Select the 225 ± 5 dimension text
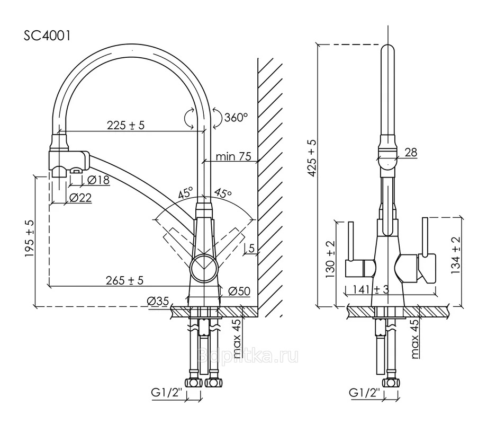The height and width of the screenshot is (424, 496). pyautogui.click(x=126, y=125)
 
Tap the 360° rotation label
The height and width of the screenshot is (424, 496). pyautogui.click(x=236, y=117)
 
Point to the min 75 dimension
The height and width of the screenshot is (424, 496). pyautogui.click(x=233, y=156)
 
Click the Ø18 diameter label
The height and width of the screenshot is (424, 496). pyautogui.click(x=98, y=180)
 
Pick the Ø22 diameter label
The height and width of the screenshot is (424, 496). pyautogui.click(x=80, y=198)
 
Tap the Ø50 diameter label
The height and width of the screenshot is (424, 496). pyautogui.click(x=239, y=290)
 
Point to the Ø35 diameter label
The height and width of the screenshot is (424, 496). pyautogui.click(x=158, y=301)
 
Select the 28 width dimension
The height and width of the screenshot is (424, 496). pyautogui.click(x=411, y=153)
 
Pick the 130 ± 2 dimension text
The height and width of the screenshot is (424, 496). pyautogui.click(x=331, y=259)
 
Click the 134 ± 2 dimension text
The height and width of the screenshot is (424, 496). pyautogui.click(x=456, y=254)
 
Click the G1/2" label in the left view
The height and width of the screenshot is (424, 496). pyautogui.click(x=166, y=393)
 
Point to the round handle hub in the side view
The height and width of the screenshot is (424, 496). pyautogui.click(x=204, y=266)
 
